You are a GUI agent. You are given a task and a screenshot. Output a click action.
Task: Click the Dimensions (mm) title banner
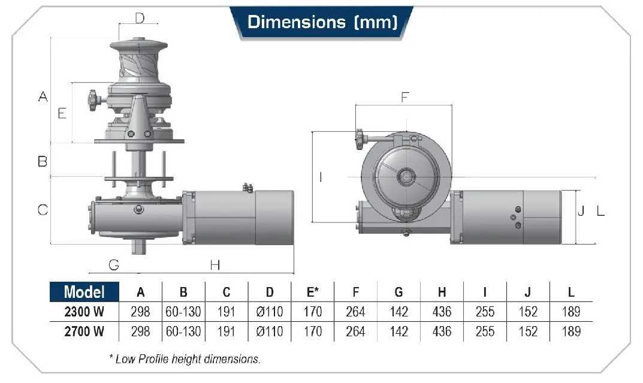click(x=322, y=22)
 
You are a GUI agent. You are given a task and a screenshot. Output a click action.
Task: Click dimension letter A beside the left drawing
click(x=43, y=96)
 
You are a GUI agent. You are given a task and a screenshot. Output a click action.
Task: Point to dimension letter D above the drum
click(x=140, y=18)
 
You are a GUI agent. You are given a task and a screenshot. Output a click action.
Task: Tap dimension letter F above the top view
click(x=405, y=98)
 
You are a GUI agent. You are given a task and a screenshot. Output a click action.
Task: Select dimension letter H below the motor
click(x=215, y=266)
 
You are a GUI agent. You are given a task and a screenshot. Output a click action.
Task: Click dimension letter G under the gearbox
click(x=114, y=265)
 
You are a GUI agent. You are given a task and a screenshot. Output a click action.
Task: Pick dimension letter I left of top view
click(x=321, y=177)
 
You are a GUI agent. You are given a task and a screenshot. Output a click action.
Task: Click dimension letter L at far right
click(x=601, y=211)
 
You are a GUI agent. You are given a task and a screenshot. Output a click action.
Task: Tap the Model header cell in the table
click(x=84, y=291)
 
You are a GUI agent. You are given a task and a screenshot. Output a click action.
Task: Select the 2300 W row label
click(x=84, y=312)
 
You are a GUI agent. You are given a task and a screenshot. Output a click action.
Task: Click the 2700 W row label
click(x=84, y=331)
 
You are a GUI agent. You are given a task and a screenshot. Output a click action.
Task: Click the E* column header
click(x=312, y=291)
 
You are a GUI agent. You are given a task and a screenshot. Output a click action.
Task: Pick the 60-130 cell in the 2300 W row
click(x=183, y=312)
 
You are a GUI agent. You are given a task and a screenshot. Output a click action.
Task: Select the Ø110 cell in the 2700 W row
click(x=270, y=331)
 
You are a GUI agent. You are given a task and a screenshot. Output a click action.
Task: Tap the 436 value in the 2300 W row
click(x=442, y=312)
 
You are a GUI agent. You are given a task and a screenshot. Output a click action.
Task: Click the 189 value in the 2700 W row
click(x=571, y=331)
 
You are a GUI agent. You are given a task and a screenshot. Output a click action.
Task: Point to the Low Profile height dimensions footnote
click(x=185, y=359)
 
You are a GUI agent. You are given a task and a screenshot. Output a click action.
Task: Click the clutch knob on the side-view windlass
click(x=93, y=100)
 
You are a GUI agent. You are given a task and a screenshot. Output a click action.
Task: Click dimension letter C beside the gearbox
click(x=43, y=210)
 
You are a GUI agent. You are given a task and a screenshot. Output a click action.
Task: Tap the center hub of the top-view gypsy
click(x=406, y=177)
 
